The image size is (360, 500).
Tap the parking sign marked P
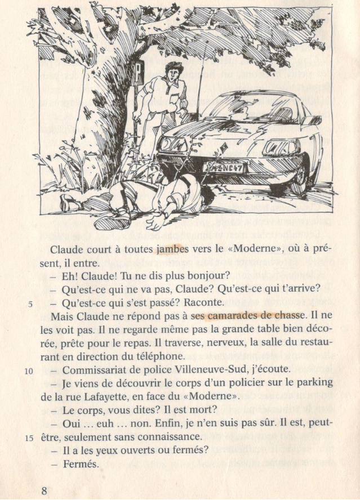[x=138, y=72]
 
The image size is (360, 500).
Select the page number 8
[x=45, y=490]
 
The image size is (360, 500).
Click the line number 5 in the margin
[x=33, y=304]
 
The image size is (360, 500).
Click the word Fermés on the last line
[x=81, y=464]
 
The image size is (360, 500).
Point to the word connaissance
[x=166, y=437]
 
